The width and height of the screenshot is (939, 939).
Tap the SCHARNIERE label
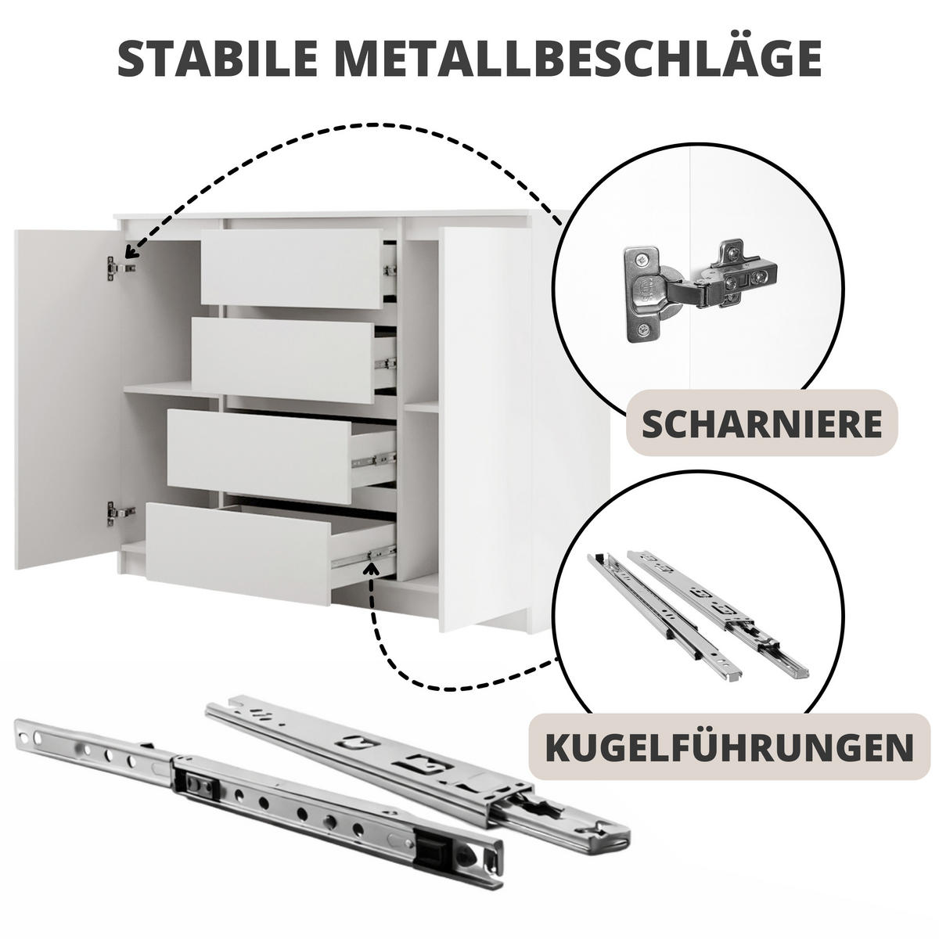point(761,423)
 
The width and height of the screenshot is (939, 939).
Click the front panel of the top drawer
point(291,268)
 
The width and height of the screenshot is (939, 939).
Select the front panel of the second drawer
point(283,360)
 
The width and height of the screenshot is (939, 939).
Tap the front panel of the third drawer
point(260,456)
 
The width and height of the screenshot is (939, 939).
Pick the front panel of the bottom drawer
point(239,553)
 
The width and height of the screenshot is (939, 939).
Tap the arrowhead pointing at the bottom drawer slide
point(372,568)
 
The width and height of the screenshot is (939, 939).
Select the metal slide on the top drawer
point(390,269)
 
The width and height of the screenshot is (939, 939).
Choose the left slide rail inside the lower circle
point(664,617)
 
